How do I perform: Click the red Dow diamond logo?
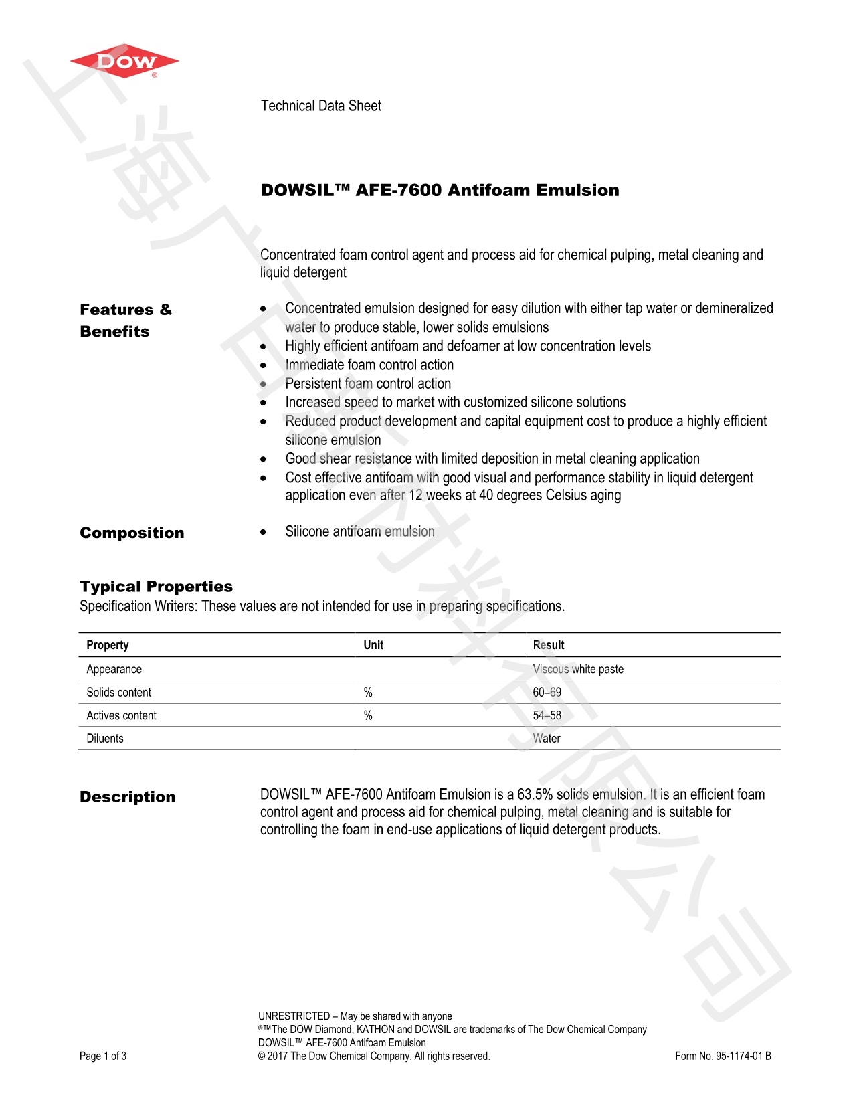[124, 62]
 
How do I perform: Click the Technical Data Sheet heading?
[320, 106]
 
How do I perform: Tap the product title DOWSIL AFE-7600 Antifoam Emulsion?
[440, 190]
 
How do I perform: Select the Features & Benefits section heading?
[126, 320]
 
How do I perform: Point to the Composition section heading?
[132, 533]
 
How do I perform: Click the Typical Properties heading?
[156, 587]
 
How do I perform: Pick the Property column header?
[107, 645]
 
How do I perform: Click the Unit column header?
[373, 645]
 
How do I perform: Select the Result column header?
[549, 645]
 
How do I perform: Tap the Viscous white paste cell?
[578, 669]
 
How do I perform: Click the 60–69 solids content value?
[547, 692]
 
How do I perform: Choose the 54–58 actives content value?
[547, 715]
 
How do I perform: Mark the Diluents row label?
[105, 738]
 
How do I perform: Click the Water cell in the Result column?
[547, 738]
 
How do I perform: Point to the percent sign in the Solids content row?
[368, 692]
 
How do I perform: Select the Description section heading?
[127, 797]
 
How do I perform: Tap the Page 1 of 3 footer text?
[103, 1056]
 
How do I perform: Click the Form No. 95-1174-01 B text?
[723, 1056]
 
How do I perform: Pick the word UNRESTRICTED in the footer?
[294, 1016]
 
